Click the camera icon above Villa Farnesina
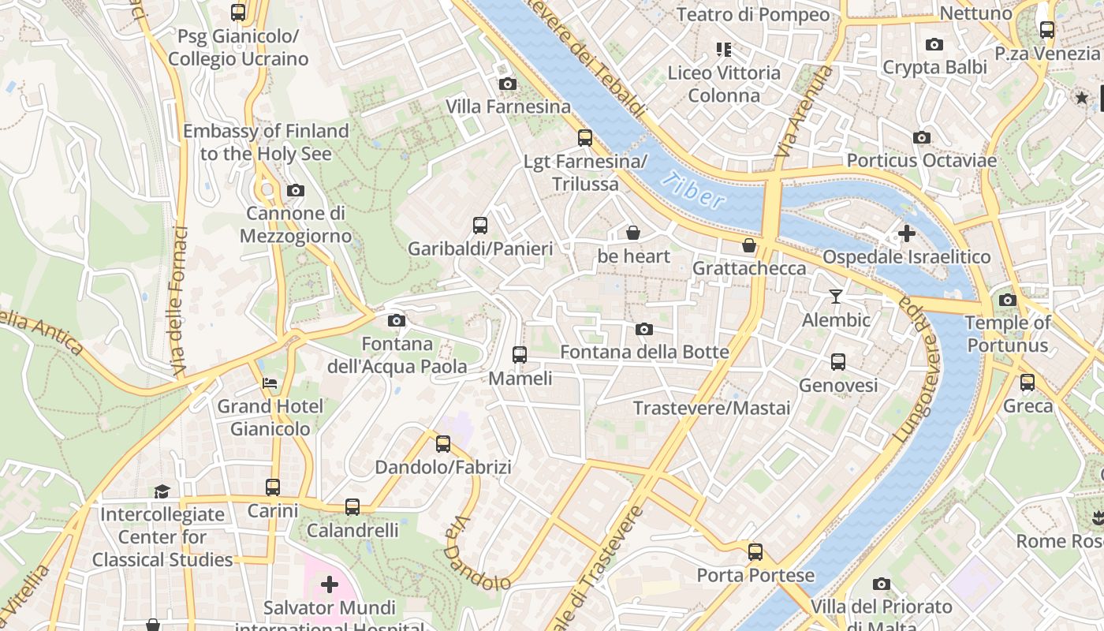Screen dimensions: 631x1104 tap(508, 84)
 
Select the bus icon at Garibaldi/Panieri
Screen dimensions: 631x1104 tap(480, 226)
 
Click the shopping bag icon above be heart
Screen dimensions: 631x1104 tap(632, 233)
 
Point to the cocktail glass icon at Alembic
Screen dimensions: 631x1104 tap(836, 297)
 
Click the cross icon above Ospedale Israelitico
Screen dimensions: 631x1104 tap(906, 233)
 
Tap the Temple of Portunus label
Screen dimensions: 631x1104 tap(1008, 334)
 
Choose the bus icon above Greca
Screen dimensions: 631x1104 tap(1028, 383)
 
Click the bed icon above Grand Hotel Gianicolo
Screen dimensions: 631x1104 tap(270, 383)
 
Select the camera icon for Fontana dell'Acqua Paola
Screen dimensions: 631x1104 tap(397, 320)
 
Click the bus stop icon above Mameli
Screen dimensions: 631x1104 tap(519, 355)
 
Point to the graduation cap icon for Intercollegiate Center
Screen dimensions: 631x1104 tap(162, 491)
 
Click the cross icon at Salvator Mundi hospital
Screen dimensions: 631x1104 tap(330, 584)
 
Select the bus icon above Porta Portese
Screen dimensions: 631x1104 tap(755, 551)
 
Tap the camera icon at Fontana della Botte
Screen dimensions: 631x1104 tap(644, 329)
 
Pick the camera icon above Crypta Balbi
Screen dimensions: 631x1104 tap(934, 44)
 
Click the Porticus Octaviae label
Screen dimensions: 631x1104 tap(921, 160)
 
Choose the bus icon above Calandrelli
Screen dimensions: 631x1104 tap(352, 507)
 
